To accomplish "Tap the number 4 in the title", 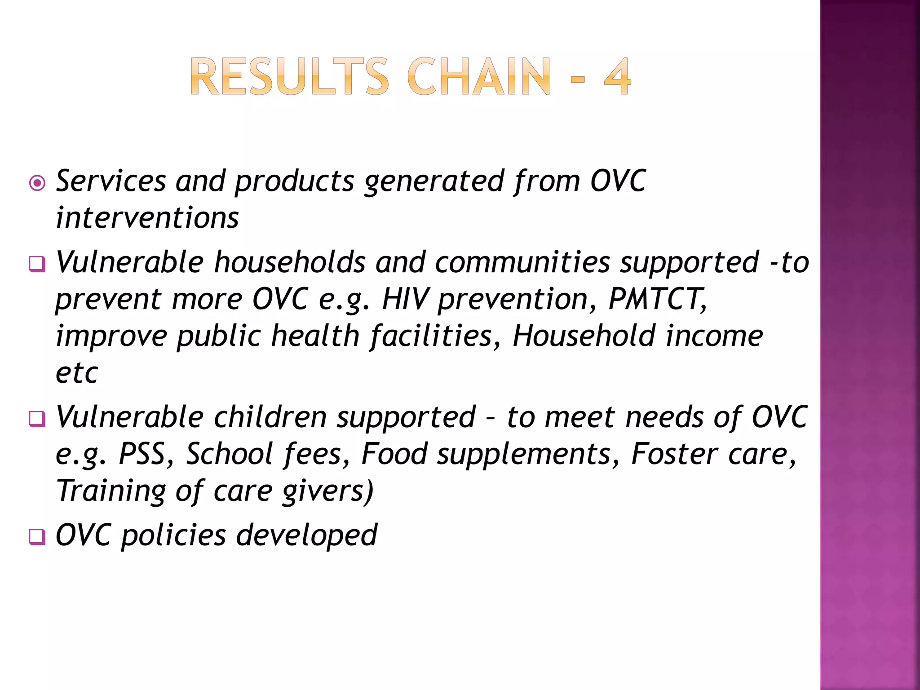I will [617, 77].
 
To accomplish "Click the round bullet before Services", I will [37, 183].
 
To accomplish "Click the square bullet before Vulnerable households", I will [37, 264].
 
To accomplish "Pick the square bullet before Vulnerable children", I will [37, 419].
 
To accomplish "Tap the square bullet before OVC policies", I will [37, 537].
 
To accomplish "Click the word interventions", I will [147, 218].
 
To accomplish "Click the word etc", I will [76, 373].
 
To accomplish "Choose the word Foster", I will [674, 454].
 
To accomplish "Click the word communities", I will [522, 262].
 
